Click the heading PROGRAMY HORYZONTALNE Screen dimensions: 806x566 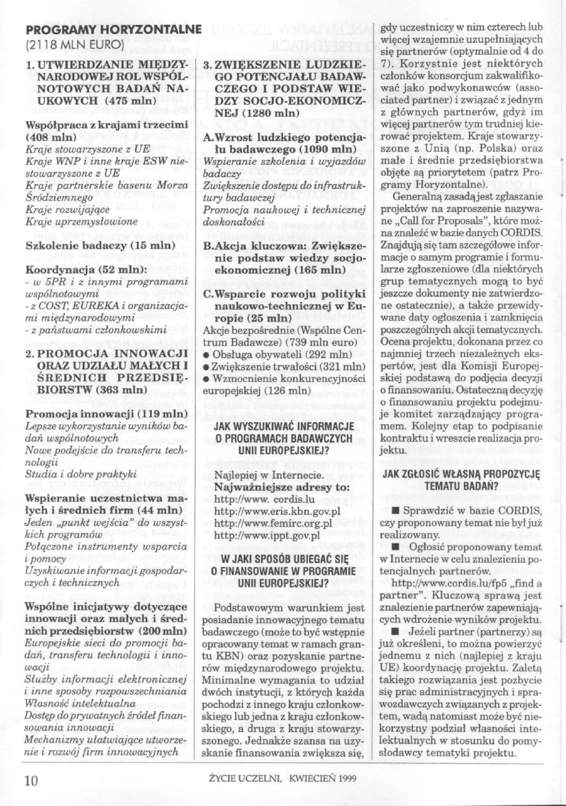pyautogui.click(x=114, y=29)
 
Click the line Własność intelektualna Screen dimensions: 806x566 pyautogui.click(x=80, y=686)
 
